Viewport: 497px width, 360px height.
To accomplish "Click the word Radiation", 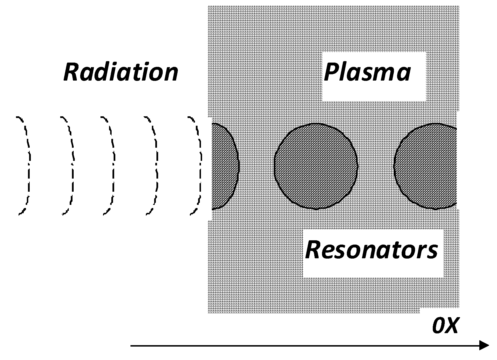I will tap(121, 72).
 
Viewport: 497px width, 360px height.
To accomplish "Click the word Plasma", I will tap(367, 72).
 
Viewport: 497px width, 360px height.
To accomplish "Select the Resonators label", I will tap(371, 250).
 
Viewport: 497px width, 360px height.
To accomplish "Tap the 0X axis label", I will tap(445, 326).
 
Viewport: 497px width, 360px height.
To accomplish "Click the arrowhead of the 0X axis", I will tap(484, 346).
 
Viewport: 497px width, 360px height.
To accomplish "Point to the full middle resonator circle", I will tap(316, 166).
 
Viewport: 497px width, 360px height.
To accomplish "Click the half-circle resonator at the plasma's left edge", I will tap(224, 166).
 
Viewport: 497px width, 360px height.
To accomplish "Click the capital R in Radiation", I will tap(71, 72).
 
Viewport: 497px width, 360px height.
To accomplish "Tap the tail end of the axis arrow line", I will tap(132, 346).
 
